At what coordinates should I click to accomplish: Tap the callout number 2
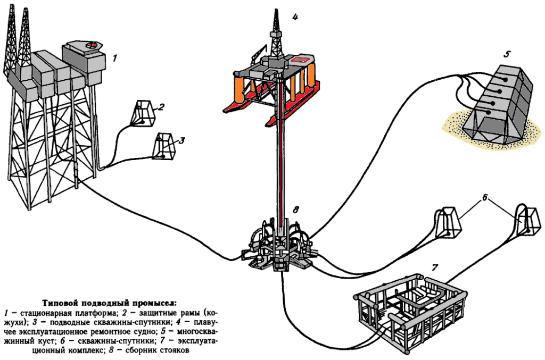(x=161, y=106)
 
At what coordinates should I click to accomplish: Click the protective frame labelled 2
(x=143, y=113)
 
